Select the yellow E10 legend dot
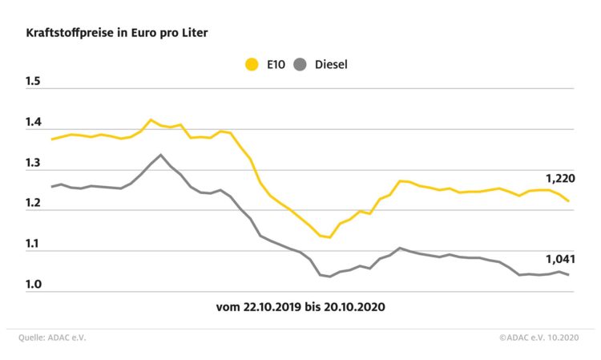click(x=252, y=64)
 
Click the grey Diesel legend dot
click(x=301, y=64)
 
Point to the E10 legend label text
click(x=276, y=64)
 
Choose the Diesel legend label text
click(x=332, y=64)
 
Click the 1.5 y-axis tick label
click(x=33, y=83)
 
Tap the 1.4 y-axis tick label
click(x=33, y=123)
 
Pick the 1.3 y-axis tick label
click(x=33, y=164)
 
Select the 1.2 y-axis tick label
click(x=33, y=204)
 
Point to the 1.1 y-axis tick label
click(x=33, y=245)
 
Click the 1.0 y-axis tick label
click(x=33, y=285)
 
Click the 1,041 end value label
click(x=559, y=259)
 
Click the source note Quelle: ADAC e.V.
click(x=52, y=338)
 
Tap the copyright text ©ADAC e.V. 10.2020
click(x=536, y=338)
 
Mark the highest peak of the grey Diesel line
click(x=160, y=155)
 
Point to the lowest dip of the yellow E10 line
click(x=329, y=237)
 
